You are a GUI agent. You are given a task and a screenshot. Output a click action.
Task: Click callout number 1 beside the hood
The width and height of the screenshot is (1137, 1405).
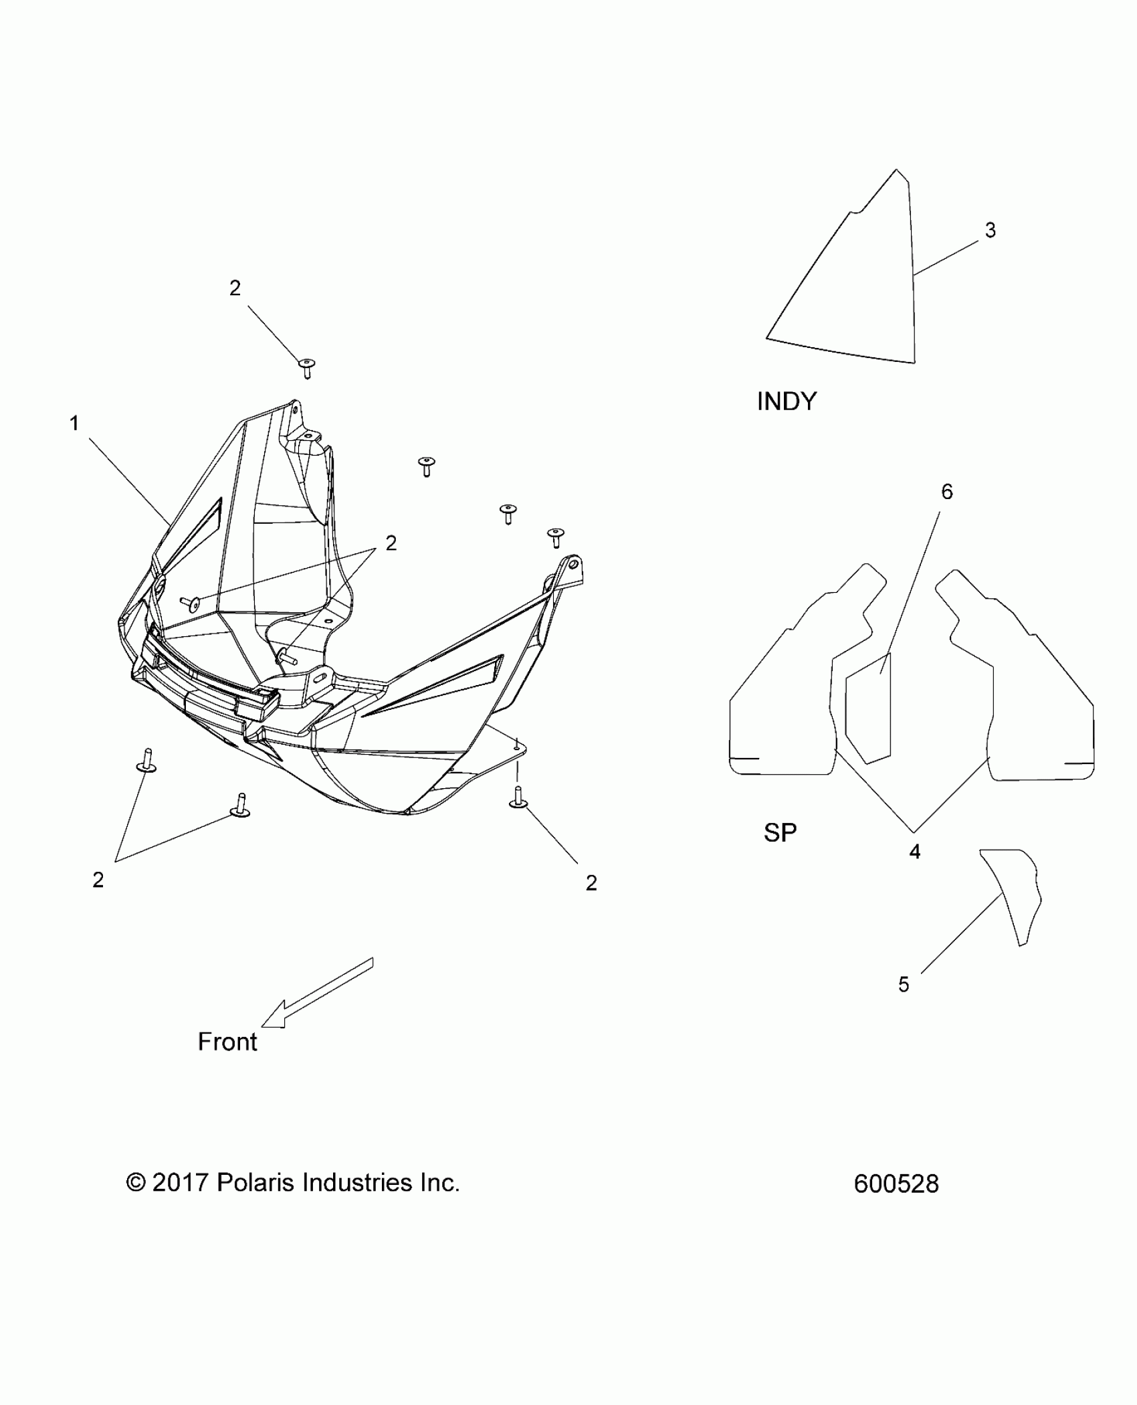tap(74, 424)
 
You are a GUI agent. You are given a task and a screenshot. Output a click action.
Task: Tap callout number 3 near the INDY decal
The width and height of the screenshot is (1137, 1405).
tap(990, 231)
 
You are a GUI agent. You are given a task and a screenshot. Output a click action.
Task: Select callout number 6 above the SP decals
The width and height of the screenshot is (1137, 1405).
tap(947, 492)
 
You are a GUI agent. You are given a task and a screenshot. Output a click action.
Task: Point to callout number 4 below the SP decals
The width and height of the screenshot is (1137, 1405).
tap(914, 852)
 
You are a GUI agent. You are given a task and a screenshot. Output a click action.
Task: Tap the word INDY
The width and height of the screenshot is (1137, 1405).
tap(787, 401)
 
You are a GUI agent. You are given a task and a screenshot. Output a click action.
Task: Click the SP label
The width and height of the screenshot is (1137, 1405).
tap(780, 832)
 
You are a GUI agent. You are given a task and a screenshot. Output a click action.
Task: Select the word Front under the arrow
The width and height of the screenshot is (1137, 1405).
tap(227, 1042)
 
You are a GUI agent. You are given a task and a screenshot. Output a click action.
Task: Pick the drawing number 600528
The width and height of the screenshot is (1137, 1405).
tap(896, 1184)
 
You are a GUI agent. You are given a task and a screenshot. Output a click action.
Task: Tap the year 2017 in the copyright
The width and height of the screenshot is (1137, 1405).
tap(181, 1183)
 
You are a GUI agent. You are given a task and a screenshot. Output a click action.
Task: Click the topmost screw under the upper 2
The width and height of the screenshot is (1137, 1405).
tap(307, 368)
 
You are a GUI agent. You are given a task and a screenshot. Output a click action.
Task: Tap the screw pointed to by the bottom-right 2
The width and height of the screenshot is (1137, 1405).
tap(517, 799)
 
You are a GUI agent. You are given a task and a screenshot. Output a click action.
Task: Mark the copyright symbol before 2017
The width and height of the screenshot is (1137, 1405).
tap(136, 1183)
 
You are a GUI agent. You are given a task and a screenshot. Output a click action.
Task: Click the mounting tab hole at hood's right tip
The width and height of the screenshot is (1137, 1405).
tap(573, 563)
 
